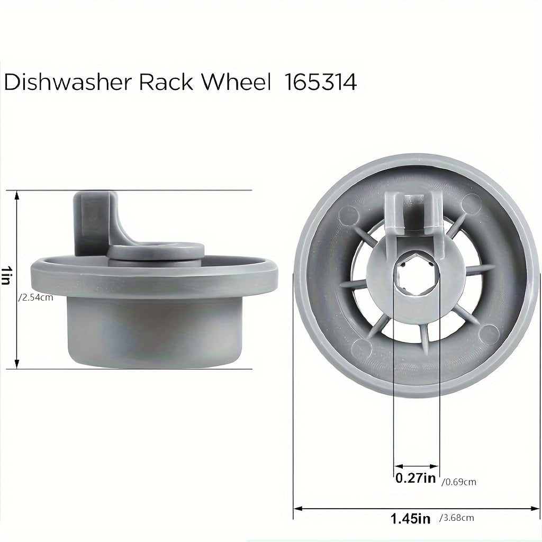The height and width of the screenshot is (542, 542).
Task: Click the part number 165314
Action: (x=321, y=83)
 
